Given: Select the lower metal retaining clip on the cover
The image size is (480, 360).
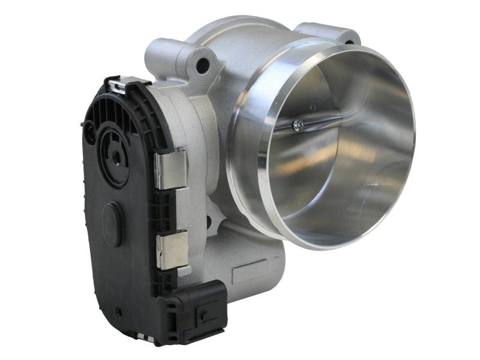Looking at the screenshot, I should tap(171, 249).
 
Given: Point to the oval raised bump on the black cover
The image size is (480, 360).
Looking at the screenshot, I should tap(112, 224).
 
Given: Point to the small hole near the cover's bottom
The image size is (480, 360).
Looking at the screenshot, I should tap(119, 311).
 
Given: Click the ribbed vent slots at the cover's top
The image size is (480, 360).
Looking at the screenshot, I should tap(107, 114).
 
